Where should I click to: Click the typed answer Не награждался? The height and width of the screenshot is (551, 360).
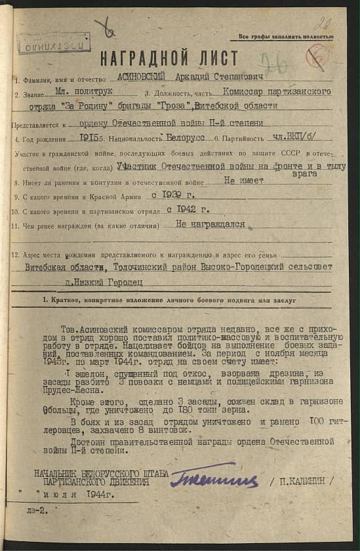[x=211, y=224]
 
